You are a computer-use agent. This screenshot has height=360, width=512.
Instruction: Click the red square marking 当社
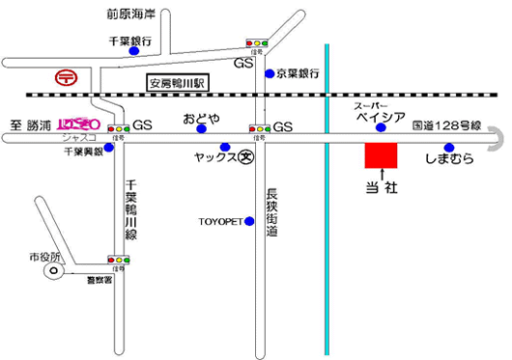[381, 155]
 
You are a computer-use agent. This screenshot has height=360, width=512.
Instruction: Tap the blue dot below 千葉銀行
[133, 52]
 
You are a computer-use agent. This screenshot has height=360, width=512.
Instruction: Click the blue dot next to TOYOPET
[249, 221]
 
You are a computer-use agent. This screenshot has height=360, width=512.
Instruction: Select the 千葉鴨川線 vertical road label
[133, 208]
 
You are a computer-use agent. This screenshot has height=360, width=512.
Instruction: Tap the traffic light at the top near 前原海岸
[258, 42]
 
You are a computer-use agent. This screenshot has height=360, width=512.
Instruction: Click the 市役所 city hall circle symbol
[49, 273]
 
